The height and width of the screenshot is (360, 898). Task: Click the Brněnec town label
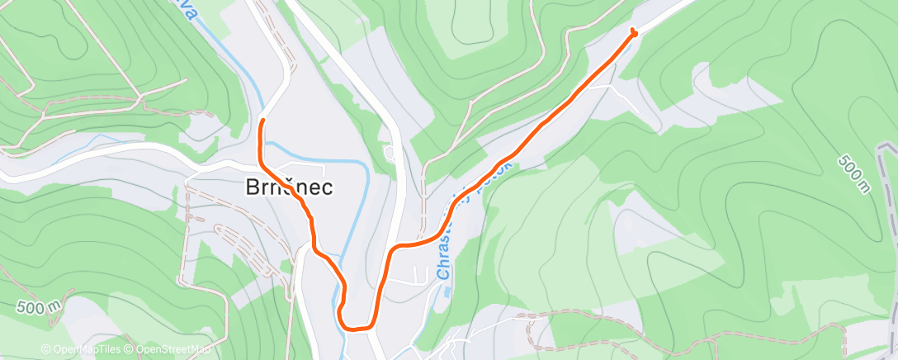tap(289, 187)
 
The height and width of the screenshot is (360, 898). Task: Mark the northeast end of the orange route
tap(633, 32)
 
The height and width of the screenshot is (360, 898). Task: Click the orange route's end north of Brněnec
tap(262, 121)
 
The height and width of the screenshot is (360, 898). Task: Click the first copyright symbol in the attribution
tap(46, 349)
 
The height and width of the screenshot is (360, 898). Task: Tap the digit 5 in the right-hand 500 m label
tap(843, 159)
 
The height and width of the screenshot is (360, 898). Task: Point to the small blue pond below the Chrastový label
tap(447, 291)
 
